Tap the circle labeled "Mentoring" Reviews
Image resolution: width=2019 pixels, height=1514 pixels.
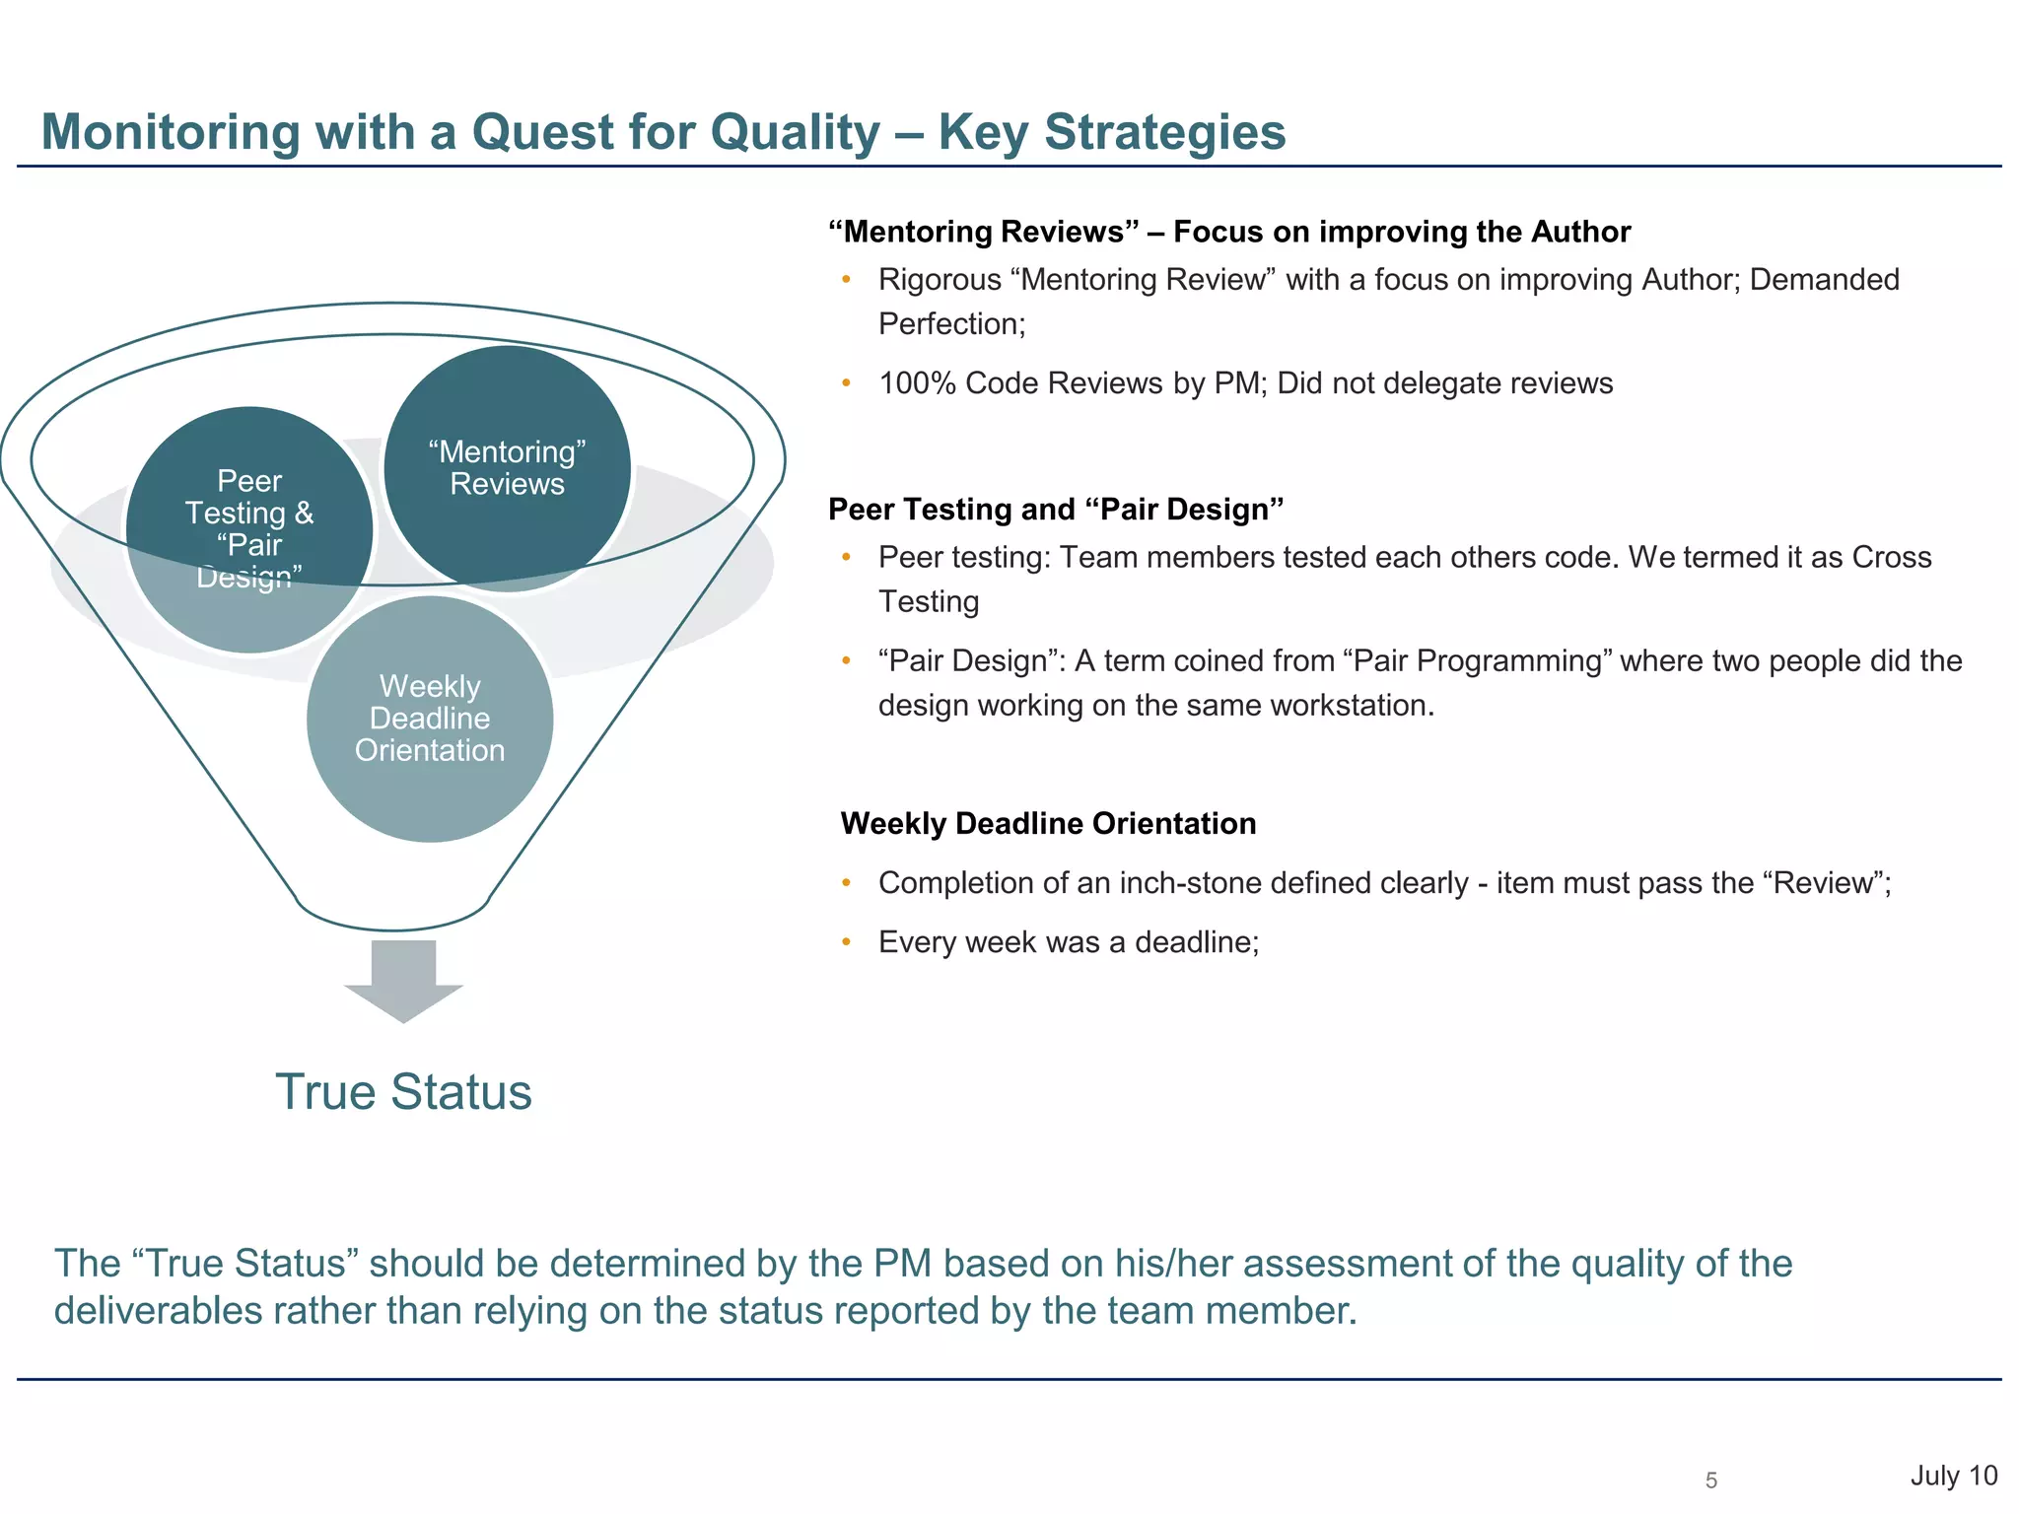507,468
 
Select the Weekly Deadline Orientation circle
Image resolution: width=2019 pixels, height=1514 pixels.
430,720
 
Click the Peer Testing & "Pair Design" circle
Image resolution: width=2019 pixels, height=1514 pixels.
249,529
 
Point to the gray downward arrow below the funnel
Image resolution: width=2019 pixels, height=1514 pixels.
403,980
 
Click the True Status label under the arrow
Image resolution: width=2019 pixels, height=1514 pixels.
403,1092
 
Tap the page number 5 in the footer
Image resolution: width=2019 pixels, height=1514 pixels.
1711,1480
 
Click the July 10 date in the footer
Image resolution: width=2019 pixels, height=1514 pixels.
1953,1476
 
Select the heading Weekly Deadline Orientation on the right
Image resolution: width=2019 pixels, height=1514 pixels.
1048,823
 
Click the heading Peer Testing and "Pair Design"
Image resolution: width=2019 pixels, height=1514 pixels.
1055,510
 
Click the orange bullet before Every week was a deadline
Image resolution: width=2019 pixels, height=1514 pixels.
846,941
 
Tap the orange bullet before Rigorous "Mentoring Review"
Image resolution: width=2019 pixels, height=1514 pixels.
846,279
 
